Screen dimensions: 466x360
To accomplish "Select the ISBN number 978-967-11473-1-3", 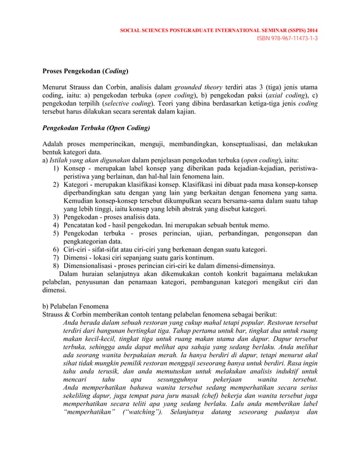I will [287, 38].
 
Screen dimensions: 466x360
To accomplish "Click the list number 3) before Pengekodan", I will [56, 217].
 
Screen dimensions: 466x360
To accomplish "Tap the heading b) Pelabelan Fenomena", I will [76, 306].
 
